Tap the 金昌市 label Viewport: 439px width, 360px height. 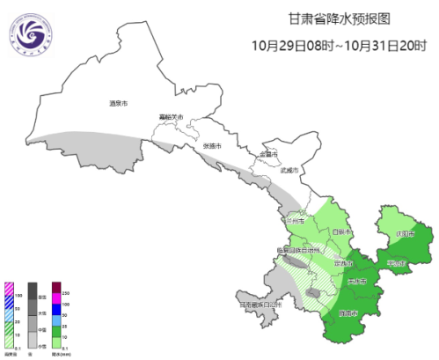coord(267,155)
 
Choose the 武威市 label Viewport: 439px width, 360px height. coord(289,170)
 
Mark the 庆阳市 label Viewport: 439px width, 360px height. coord(404,234)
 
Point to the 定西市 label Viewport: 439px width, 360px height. coord(343,261)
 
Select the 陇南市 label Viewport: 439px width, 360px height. coord(349,313)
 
